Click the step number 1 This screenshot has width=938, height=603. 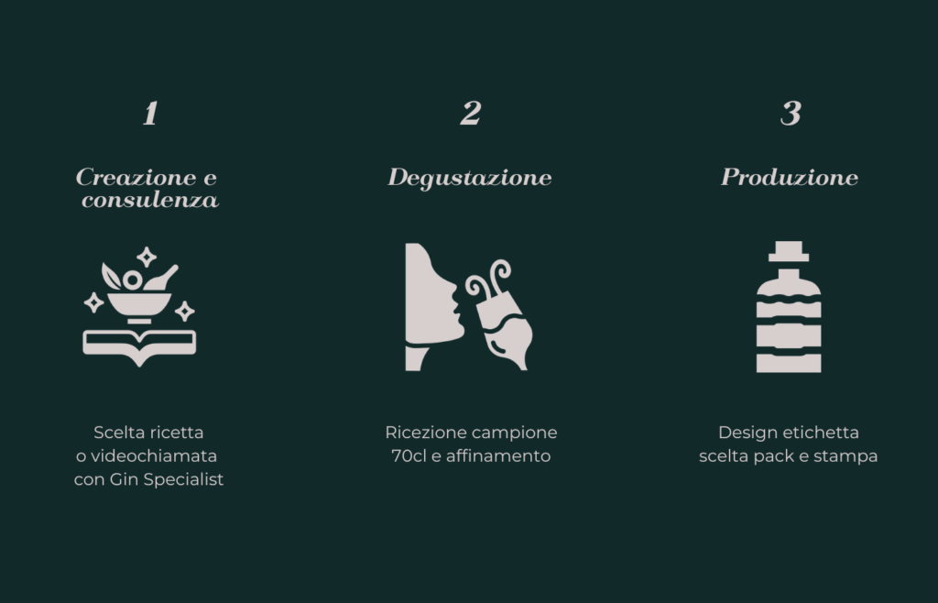[150, 113]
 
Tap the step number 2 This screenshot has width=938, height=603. [471, 113]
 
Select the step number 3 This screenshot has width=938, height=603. [791, 113]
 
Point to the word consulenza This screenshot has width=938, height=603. [150, 200]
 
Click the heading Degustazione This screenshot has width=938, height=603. [470, 178]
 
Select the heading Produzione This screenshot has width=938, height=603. [790, 177]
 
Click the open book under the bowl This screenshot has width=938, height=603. [139, 346]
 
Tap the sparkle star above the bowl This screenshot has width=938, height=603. [147, 258]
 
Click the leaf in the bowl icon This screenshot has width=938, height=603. [110, 276]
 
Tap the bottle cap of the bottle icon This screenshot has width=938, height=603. [789, 251]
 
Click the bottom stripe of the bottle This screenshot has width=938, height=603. [789, 363]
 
